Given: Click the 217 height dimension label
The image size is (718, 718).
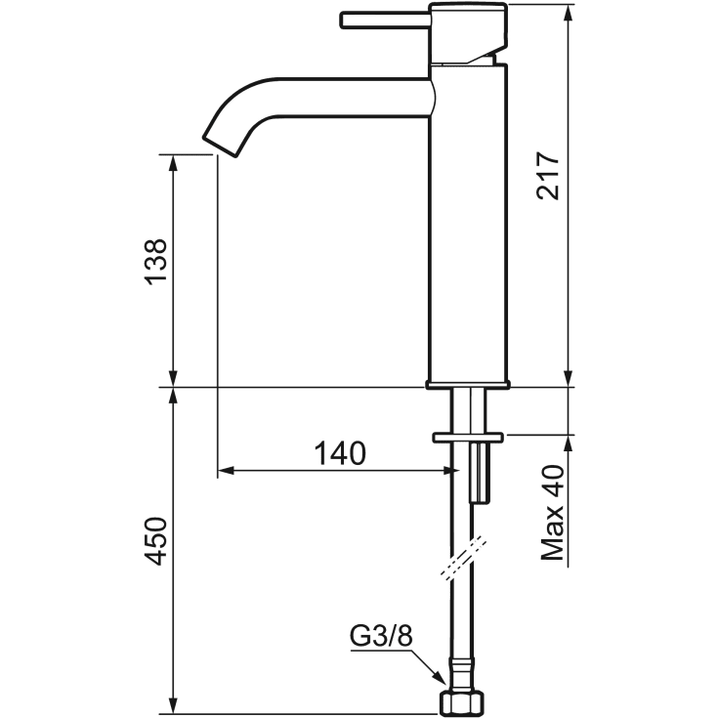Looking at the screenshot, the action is (x=548, y=176).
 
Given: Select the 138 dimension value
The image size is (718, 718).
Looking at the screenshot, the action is (x=155, y=262).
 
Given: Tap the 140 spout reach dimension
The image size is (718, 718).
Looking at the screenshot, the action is (x=340, y=453).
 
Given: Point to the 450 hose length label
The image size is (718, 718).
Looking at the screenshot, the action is (x=155, y=541).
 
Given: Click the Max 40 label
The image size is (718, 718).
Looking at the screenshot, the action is (x=552, y=513).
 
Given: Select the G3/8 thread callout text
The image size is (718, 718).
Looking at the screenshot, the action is (x=381, y=636).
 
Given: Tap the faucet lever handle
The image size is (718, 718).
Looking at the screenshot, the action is (x=386, y=21).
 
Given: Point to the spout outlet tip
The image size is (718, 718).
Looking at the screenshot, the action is (x=220, y=147).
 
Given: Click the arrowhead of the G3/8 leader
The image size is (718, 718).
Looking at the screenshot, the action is (x=439, y=678).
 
